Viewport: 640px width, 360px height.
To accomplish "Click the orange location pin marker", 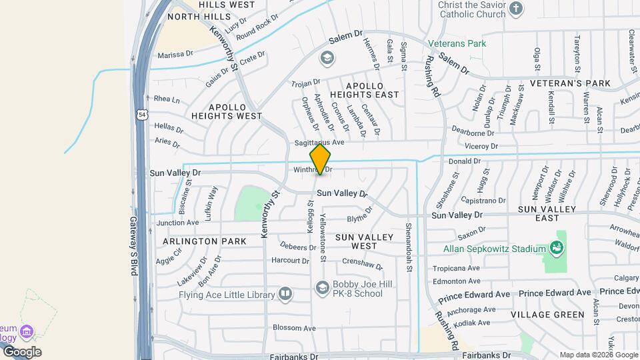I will (321, 159).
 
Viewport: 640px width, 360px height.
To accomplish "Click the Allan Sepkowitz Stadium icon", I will (557, 249).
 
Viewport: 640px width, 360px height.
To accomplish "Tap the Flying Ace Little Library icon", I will (285, 294).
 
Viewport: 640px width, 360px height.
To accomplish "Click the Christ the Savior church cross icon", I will (515, 9).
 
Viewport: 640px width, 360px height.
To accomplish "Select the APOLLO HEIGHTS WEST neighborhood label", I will (226, 111).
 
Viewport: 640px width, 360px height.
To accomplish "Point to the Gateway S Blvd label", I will (133, 246).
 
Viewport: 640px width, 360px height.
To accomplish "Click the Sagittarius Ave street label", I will (319, 143).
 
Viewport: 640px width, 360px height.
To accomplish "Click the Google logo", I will (22, 351).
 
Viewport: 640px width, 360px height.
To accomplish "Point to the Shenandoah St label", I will (409, 242).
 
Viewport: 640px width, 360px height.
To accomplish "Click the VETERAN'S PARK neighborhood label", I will (570, 83).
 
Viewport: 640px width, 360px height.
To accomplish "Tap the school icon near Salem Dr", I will (327, 59).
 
